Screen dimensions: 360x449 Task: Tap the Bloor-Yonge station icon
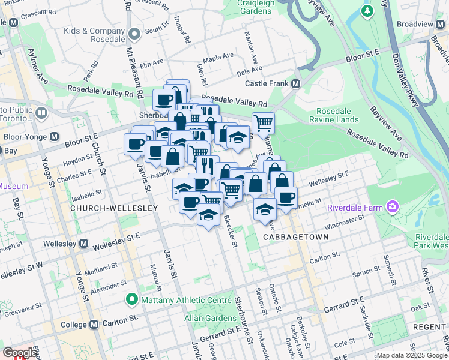coord(55,136)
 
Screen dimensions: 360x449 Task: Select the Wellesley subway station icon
coord(85,244)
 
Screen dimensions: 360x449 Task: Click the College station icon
coord(94,324)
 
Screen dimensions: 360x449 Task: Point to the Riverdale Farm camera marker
coord(393,207)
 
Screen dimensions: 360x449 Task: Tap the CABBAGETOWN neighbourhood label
coord(296,237)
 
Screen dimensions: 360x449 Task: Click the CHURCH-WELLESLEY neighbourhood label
coord(113,208)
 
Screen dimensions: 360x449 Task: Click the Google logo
coord(20,353)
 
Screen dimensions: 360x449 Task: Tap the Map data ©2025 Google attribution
coord(411,355)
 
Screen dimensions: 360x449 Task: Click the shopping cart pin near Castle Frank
coord(263,123)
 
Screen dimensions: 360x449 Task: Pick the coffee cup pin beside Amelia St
coord(286,197)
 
